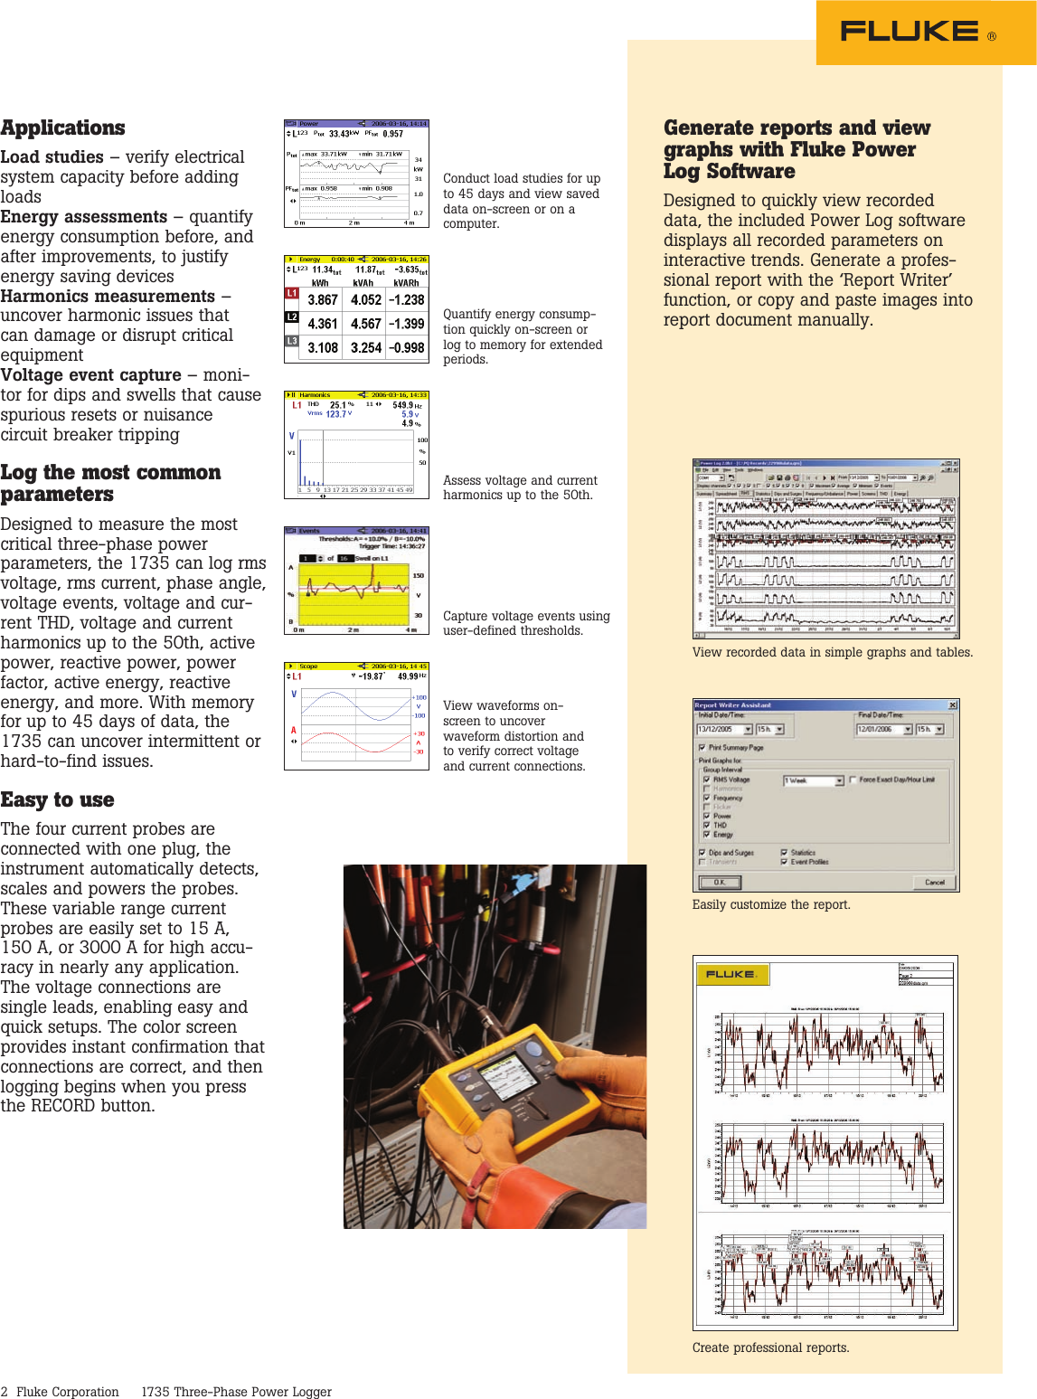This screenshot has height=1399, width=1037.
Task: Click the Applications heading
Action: [62, 128]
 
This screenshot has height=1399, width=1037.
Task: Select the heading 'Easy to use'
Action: [57, 799]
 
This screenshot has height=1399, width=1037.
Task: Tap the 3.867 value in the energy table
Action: [323, 299]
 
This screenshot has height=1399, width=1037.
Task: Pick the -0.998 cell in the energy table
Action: [407, 347]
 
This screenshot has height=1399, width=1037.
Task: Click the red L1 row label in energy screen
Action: [292, 294]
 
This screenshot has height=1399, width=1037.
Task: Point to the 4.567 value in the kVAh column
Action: [366, 324]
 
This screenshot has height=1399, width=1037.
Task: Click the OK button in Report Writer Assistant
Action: [720, 882]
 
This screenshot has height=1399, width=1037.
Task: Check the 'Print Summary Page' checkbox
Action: [702, 748]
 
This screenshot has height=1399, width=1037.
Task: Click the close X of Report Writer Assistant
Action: [952, 705]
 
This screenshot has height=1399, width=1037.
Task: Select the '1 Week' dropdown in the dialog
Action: [813, 780]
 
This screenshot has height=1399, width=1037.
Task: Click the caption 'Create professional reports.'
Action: [770, 1347]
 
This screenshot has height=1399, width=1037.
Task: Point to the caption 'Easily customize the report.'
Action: [770, 904]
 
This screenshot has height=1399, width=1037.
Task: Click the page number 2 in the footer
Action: [5, 1392]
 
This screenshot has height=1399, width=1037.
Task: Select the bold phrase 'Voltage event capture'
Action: [90, 375]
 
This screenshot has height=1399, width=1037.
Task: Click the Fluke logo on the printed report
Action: [732, 974]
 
